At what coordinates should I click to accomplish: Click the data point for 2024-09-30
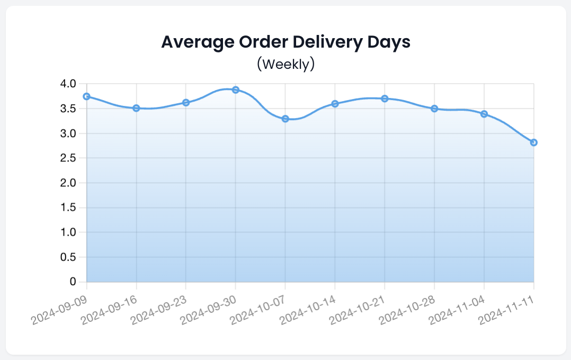pyautogui.click(x=236, y=90)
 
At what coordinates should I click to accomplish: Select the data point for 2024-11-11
pyautogui.click(x=533, y=142)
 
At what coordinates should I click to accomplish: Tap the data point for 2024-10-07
pyautogui.click(x=285, y=119)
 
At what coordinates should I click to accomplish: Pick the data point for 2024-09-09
pyautogui.click(x=87, y=96)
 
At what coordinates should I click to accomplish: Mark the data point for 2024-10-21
pyautogui.click(x=385, y=98)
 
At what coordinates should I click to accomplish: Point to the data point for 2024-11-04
pyautogui.click(x=484, y=114)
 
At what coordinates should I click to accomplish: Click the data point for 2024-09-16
pyautogui.click(x=136, y=108)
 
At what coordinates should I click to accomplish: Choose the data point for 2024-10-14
pyautogui.click(x=335, y=104)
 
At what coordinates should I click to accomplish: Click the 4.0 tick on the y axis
pyautogui.click(x=69, y=84)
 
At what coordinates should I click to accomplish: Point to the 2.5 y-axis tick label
pyautogui.click(x=69, y=158)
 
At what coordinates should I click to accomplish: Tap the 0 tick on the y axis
pyautogui.click(x=74, y=282)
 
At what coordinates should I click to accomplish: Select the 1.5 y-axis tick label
pyautogui.click(x=69, y=208)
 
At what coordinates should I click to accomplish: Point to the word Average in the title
pyautogui.click(x=193, y=42)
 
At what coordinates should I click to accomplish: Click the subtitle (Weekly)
pyautogui.click(x=285, y=64)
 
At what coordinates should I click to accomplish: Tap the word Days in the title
pyautogui.click(x=388, y=42)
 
